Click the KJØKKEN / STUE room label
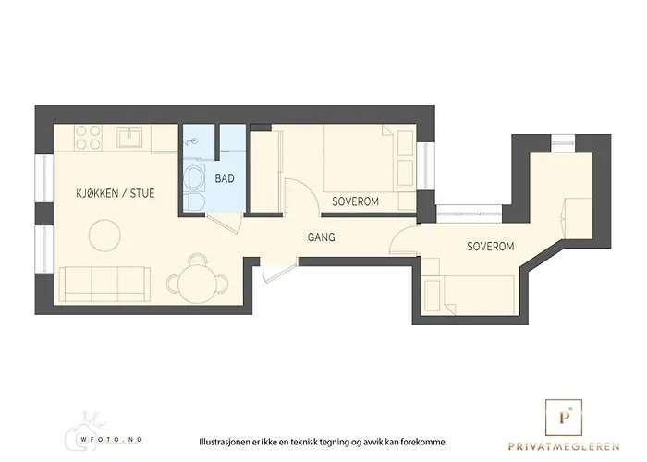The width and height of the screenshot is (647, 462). tap(116, 193)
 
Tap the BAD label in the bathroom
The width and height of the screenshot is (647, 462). tap(225, 178)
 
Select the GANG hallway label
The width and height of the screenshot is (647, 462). tap(321, 237)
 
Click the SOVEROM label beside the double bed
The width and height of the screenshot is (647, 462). tap(355, 201)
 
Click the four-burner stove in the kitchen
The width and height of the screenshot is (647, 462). tap(86, 139)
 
